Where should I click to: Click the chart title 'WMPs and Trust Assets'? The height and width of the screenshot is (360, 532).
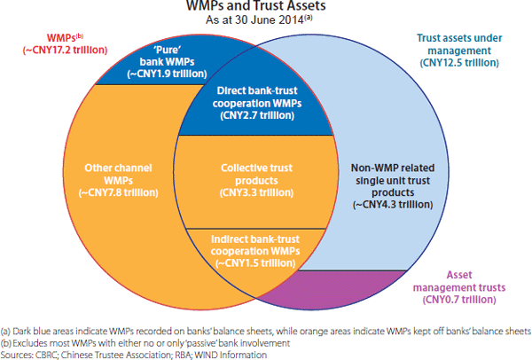[267, 8]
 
